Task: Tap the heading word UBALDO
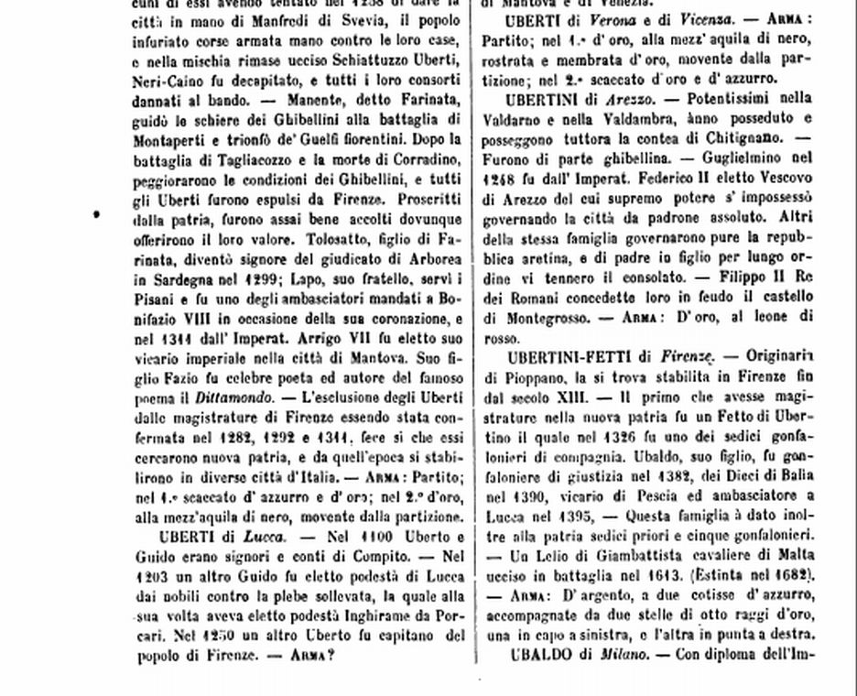click(x=541, y=655)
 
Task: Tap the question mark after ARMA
click(x=331, y=657)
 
